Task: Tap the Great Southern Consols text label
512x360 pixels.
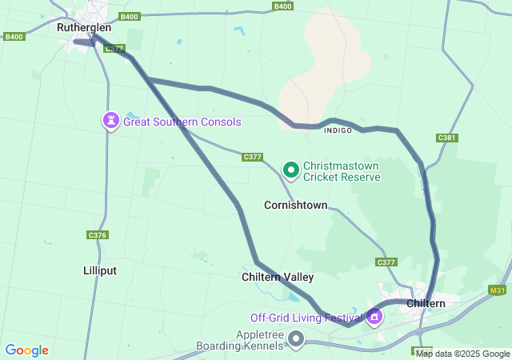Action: pyautogui.click(x=182, y=122)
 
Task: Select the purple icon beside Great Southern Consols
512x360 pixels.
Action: pyautogui.click(x=110, y=121)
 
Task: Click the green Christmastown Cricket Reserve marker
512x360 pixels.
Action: pyautogui.click(x=291, y=170)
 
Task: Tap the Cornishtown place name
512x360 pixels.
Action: pyautogui.click(x=295, y=206)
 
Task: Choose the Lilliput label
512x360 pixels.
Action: pyautogui.click(x=100, y=270)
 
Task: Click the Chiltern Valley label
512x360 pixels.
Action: pyautogui.click(x=278, y=277)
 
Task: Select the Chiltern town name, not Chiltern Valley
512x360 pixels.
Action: pyautogui.click(x=426, y=304)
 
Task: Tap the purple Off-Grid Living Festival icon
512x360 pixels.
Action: pyautogui.click(x=374, y=317)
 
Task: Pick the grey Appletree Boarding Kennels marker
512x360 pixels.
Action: pyautogui.click(x=297, y=340)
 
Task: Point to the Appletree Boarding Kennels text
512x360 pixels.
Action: pyautogui.click(x=240, y=340)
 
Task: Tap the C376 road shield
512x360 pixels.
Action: pyautogui.click(x=97, y=234)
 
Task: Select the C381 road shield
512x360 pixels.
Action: pyautogui.click(x=447, y=138)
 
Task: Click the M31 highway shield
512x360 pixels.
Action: pyautogui.click(x=498, y=290)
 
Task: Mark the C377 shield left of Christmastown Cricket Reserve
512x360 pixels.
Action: pyautogui.click(x=252, y=158)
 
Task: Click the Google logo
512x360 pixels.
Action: pyautogui.click(x=26, y=350)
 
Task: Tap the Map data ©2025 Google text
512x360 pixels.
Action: pyautogui.click(x=462, y=354)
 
